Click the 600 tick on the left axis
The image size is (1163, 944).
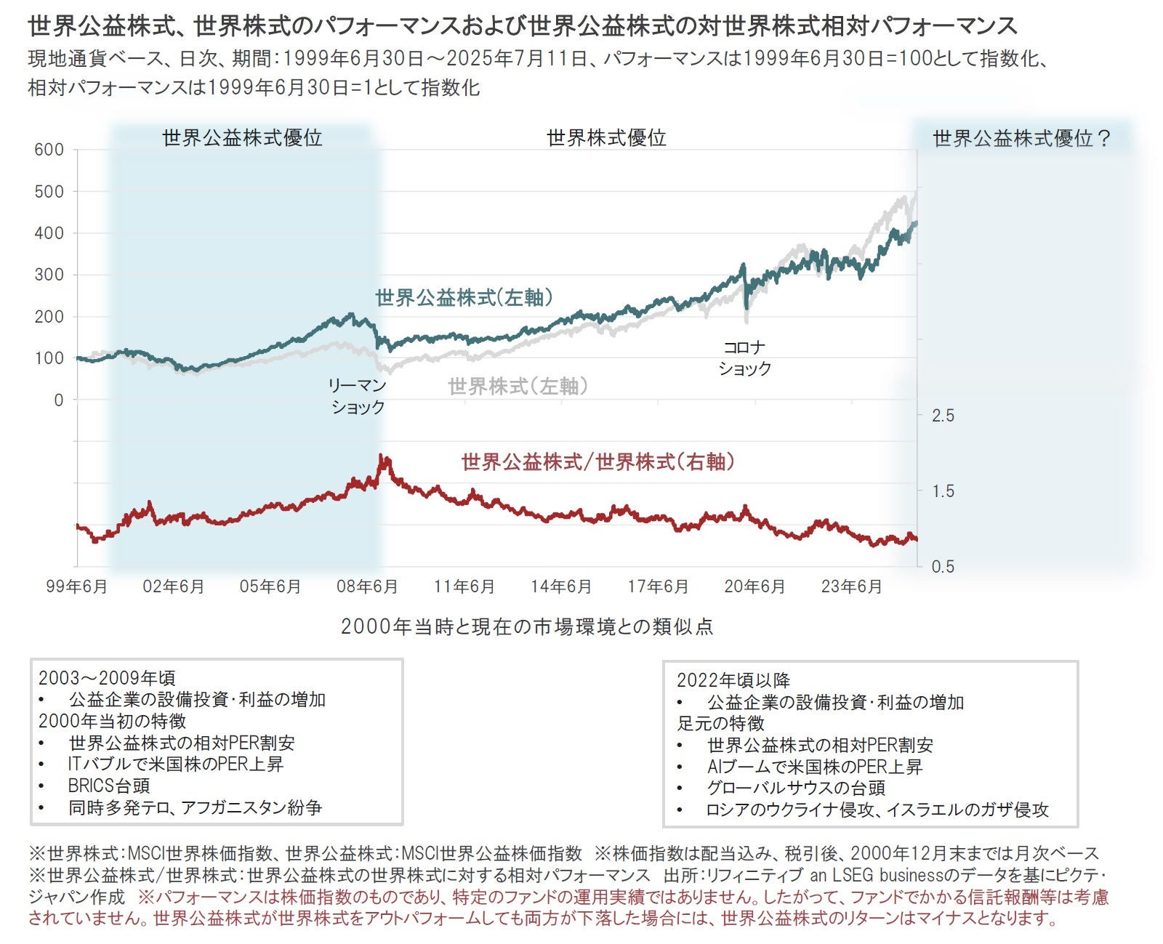[49, 150]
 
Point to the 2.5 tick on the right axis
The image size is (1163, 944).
[943, 416]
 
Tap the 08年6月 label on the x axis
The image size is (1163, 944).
[367, 586]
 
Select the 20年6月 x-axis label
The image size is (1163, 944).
[754, 586]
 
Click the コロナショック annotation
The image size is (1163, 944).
[744, 358]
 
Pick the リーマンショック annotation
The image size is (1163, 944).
[357, 396]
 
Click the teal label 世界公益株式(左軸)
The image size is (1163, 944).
[464, 297]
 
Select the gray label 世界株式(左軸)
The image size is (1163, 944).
[518, 386]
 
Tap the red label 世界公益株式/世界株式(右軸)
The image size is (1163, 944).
[597, 461]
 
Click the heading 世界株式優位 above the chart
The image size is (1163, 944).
[606, 137]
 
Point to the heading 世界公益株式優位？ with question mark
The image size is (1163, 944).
[1022, 138]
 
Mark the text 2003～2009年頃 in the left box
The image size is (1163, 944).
[107, 678]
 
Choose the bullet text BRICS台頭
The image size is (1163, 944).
[109, 786]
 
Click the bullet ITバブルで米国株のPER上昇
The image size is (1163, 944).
[175, 764]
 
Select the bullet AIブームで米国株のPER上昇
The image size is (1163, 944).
[814, 767]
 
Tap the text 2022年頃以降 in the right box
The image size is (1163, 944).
[733, 680]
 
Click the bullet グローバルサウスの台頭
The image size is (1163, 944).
[796, 788]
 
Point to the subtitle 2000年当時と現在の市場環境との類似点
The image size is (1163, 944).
[527, 626]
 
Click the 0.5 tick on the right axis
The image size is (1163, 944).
[943, 567]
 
